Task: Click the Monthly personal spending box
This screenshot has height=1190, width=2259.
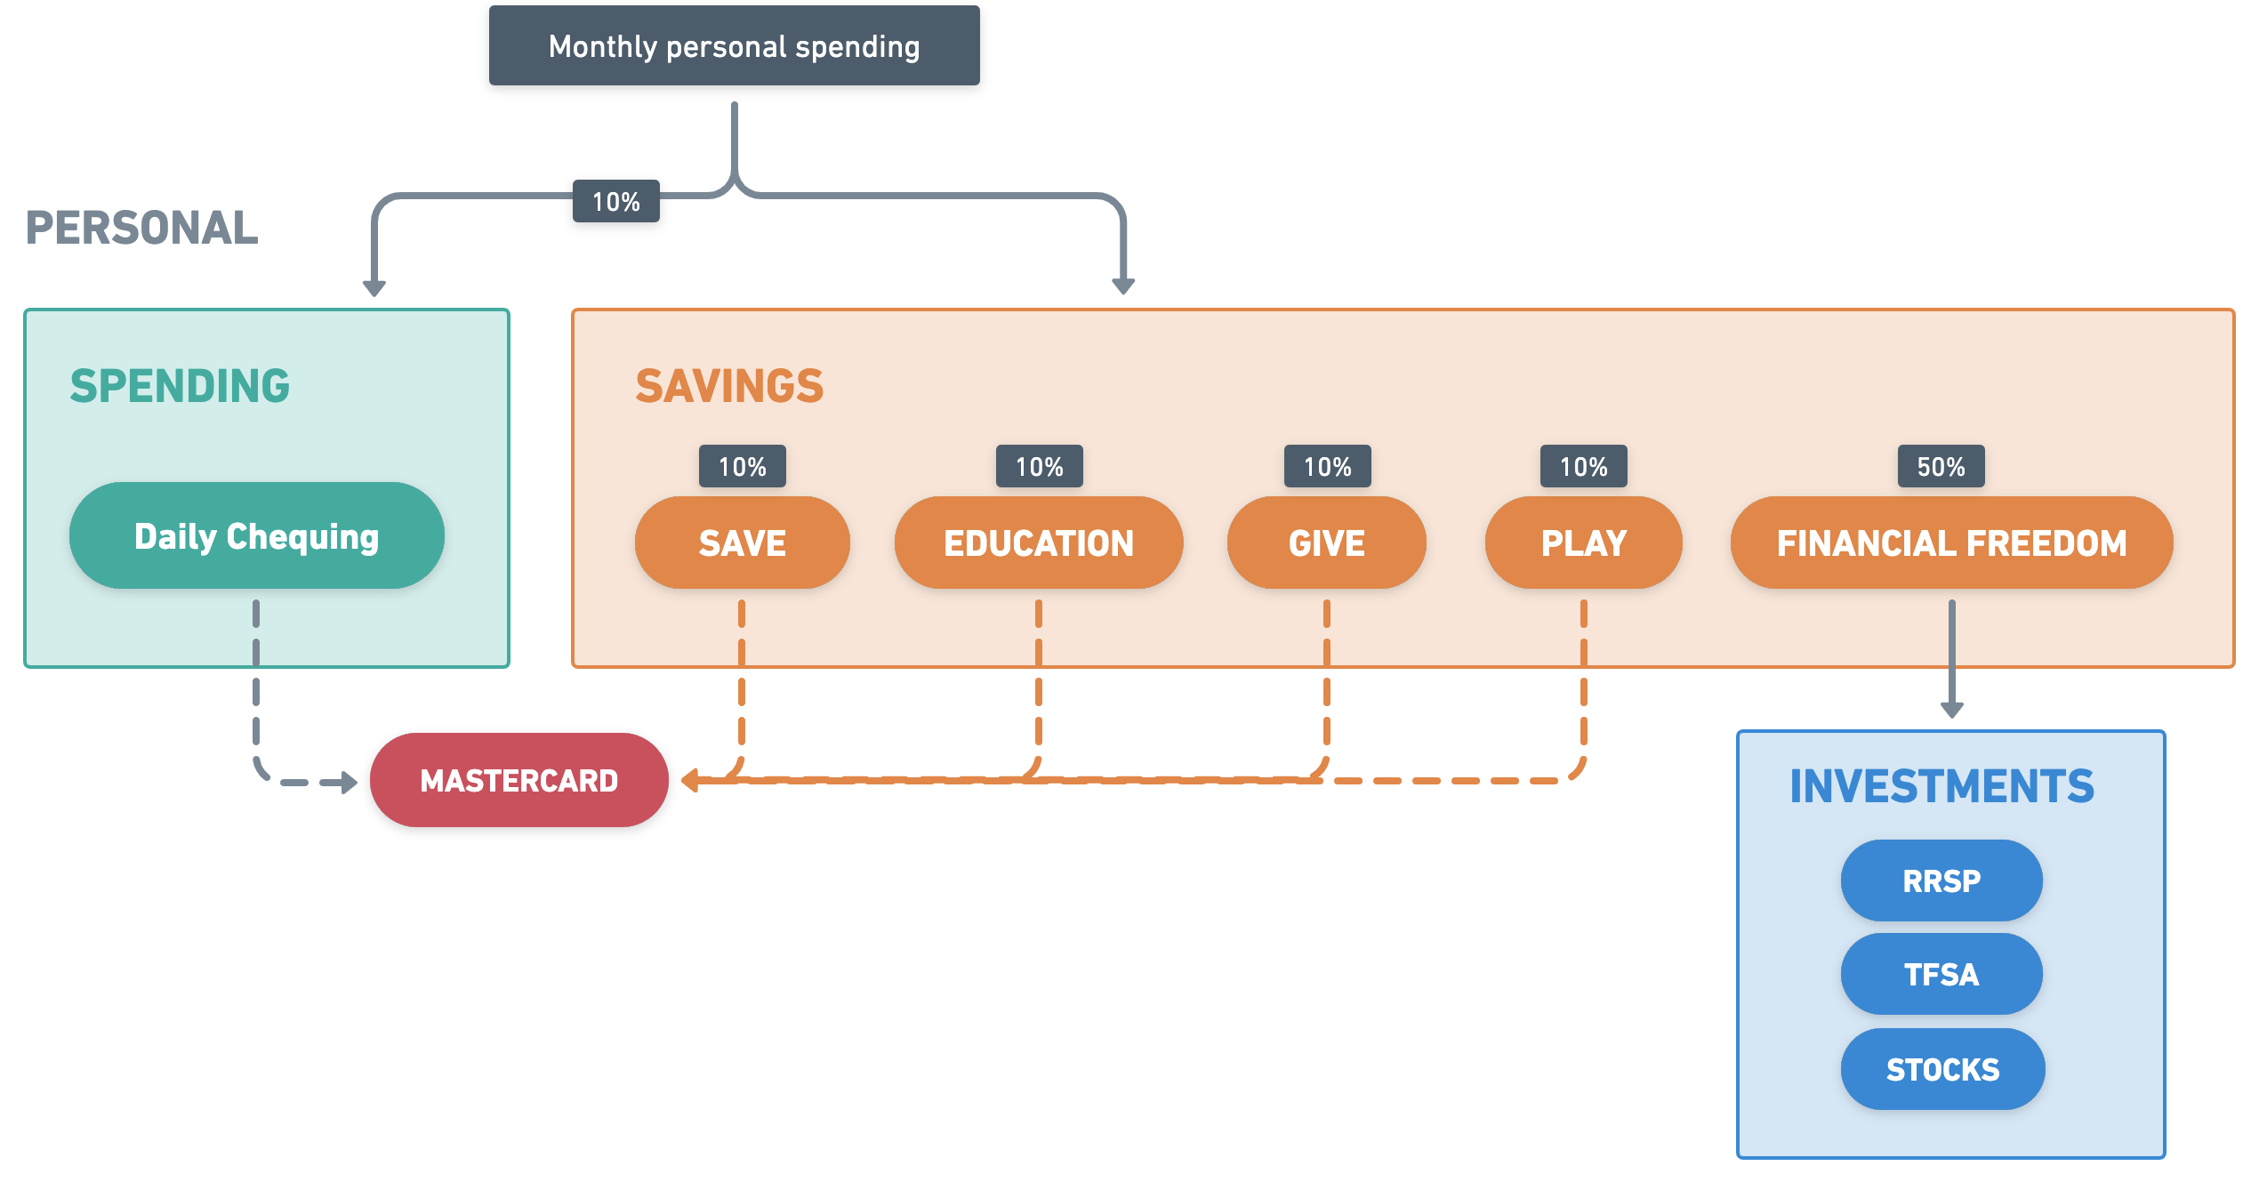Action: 734,45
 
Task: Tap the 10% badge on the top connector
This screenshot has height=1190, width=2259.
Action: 616,201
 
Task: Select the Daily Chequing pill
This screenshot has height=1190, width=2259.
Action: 257,535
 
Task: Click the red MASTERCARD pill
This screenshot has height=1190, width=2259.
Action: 519,780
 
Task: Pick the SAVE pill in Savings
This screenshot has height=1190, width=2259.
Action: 743,543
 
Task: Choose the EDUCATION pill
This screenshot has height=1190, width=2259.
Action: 1039,543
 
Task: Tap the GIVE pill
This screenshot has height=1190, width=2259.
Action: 1327,543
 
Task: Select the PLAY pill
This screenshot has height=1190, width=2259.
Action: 1584,543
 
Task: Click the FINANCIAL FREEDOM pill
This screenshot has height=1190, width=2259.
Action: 1952,543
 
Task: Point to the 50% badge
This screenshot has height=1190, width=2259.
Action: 1941,466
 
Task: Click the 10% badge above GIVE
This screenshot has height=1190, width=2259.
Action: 1328,466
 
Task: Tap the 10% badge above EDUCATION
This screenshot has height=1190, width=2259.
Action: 1040,466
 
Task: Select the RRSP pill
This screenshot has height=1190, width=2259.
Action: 1941,880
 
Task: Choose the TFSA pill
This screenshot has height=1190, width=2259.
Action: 1941,974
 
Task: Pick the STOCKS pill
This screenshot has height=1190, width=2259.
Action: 1943,1069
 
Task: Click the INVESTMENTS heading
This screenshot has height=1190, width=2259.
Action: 1942,786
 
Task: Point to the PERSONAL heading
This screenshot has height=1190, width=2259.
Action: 142,228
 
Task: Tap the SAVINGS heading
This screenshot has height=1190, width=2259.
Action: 729,386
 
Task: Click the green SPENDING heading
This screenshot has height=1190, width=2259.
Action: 180,386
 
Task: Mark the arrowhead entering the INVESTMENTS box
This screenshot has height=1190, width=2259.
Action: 1952,710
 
